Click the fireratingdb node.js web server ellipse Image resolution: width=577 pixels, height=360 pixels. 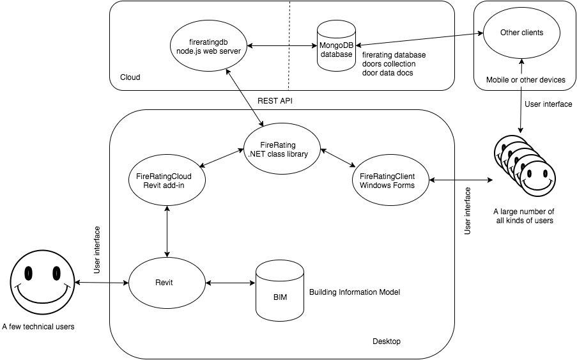pos(208,46)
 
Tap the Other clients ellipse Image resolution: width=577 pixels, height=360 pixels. pos(523,33)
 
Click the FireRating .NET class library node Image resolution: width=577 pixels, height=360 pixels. pos(282,149)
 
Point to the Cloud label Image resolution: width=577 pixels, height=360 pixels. pos(130,77)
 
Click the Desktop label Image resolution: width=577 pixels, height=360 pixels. pos(386,341)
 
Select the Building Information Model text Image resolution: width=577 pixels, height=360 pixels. pos(355,292)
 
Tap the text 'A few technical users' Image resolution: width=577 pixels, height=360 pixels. pos(38,327)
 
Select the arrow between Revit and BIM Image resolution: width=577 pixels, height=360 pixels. pos(230,282)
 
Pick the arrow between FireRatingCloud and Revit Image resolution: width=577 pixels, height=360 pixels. pos(167,231)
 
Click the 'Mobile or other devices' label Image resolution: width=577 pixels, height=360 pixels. pos(525,80)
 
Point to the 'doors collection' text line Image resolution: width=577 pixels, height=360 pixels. pos(388,64)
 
